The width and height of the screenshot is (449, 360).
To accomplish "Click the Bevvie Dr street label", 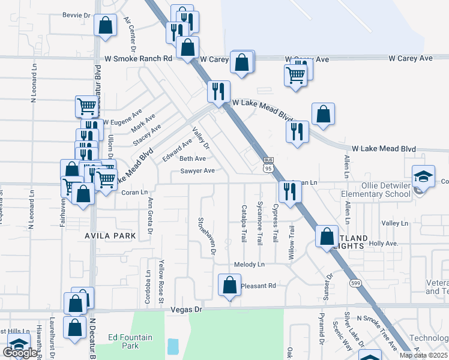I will point(75,15).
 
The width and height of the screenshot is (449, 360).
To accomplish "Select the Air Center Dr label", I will point(131,30).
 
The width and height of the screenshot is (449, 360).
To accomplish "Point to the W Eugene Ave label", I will point(122,117).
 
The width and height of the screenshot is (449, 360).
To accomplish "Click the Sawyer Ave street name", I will point(197,171).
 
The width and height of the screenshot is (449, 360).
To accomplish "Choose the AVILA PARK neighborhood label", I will point(110,235).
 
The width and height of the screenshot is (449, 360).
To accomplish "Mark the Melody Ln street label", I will point(249,265).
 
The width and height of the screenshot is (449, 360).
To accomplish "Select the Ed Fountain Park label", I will point(130,341).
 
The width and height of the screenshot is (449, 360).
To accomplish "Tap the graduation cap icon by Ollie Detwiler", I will point(423,176).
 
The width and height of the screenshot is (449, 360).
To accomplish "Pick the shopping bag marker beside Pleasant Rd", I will point(229,285).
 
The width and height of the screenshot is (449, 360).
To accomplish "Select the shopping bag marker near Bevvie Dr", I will point(105,25).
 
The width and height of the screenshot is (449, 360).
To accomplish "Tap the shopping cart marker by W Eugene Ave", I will point(86,106).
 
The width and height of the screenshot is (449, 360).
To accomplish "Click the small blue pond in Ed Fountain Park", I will point(173,346).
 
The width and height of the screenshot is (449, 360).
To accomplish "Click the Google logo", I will point(19,353).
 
